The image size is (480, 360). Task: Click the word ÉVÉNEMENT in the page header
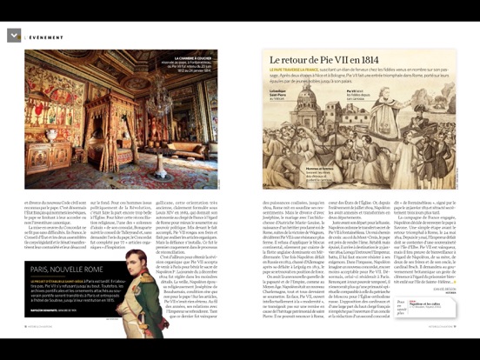(x=47, y=37)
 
